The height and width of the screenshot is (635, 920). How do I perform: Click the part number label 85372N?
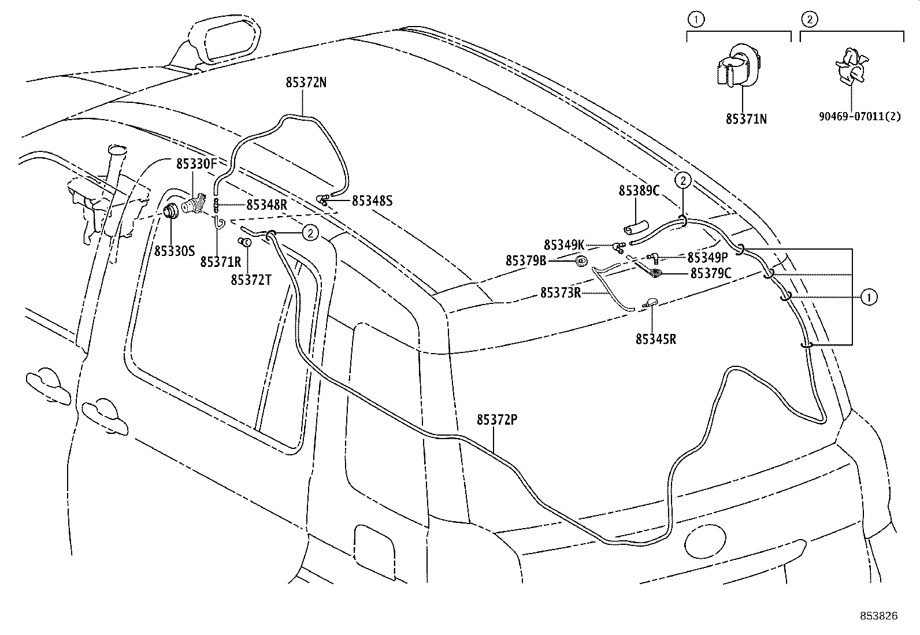click(306, 83)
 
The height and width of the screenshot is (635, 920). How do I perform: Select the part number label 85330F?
click(196, 164)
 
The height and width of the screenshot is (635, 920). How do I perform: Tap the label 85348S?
click(372, 201)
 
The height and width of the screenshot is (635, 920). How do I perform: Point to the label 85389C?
click(639, 191)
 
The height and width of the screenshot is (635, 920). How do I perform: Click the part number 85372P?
click(497, 420)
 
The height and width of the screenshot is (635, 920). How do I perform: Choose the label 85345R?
click(656, 339)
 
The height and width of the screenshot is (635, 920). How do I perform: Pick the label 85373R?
click(561, 293)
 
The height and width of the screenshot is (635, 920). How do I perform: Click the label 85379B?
click(526, 261)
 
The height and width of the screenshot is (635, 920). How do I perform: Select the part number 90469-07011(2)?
click(860, 117)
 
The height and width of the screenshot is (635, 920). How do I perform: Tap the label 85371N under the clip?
click(746, 119)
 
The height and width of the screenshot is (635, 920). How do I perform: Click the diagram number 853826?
click(879, 616)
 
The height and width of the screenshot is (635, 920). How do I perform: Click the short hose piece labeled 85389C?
click(636, 227)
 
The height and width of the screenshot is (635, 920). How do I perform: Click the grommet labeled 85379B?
click(581, 261)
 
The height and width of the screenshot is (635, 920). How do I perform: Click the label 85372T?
click(251, 280)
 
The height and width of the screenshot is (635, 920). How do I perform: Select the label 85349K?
click(564, 245)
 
